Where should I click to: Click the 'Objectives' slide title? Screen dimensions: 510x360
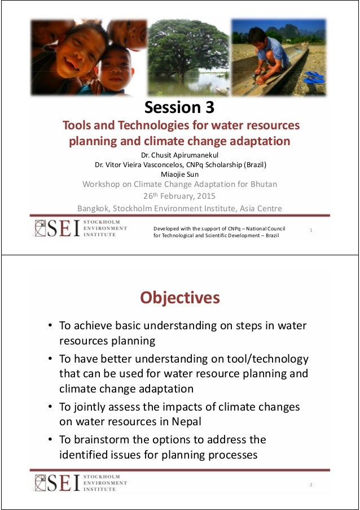179,297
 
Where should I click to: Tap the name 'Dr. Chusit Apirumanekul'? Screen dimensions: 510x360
179,155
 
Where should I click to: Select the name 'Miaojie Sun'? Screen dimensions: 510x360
179,174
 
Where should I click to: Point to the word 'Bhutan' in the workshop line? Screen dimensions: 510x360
261,184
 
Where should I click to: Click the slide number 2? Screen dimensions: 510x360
310,485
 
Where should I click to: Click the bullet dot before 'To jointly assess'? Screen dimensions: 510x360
50,407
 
